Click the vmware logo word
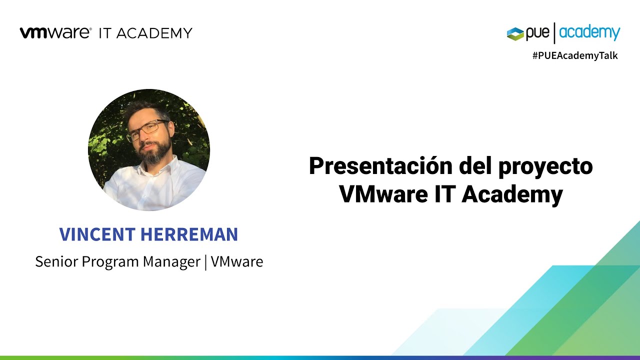(x=55, y=33)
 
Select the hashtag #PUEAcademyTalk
(x=575, y=56)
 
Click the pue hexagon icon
(x=515, y=33)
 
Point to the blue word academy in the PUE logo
(x=590, y=33)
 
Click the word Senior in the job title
(x=54, y=261)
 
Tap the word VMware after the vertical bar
(x=237, y=261)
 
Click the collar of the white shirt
(x=165, y=167)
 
